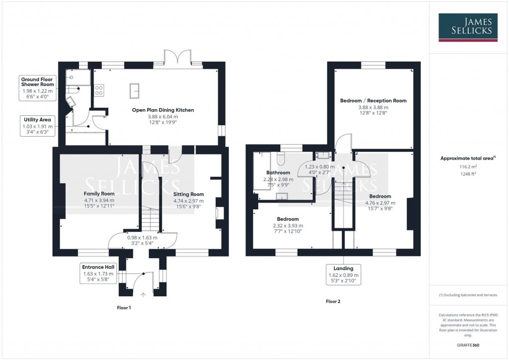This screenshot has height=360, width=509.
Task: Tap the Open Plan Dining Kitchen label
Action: click(x=163, y=110)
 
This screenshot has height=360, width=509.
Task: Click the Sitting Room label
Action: click(x=188, y=194)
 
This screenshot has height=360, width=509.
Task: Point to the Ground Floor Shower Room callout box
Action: click(x=37, y=88)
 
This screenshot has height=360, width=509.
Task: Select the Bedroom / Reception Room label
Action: click(x=373, y=100)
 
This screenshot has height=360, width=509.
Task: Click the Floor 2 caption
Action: click(x=333, y=301)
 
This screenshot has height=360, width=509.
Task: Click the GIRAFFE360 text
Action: click(x=468, y=345)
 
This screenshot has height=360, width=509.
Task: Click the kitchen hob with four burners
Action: click(x=99, y=90)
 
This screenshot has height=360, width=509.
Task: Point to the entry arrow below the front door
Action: click(x=144, y=295)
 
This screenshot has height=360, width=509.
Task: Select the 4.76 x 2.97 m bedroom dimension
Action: click(x=380, y=203)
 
